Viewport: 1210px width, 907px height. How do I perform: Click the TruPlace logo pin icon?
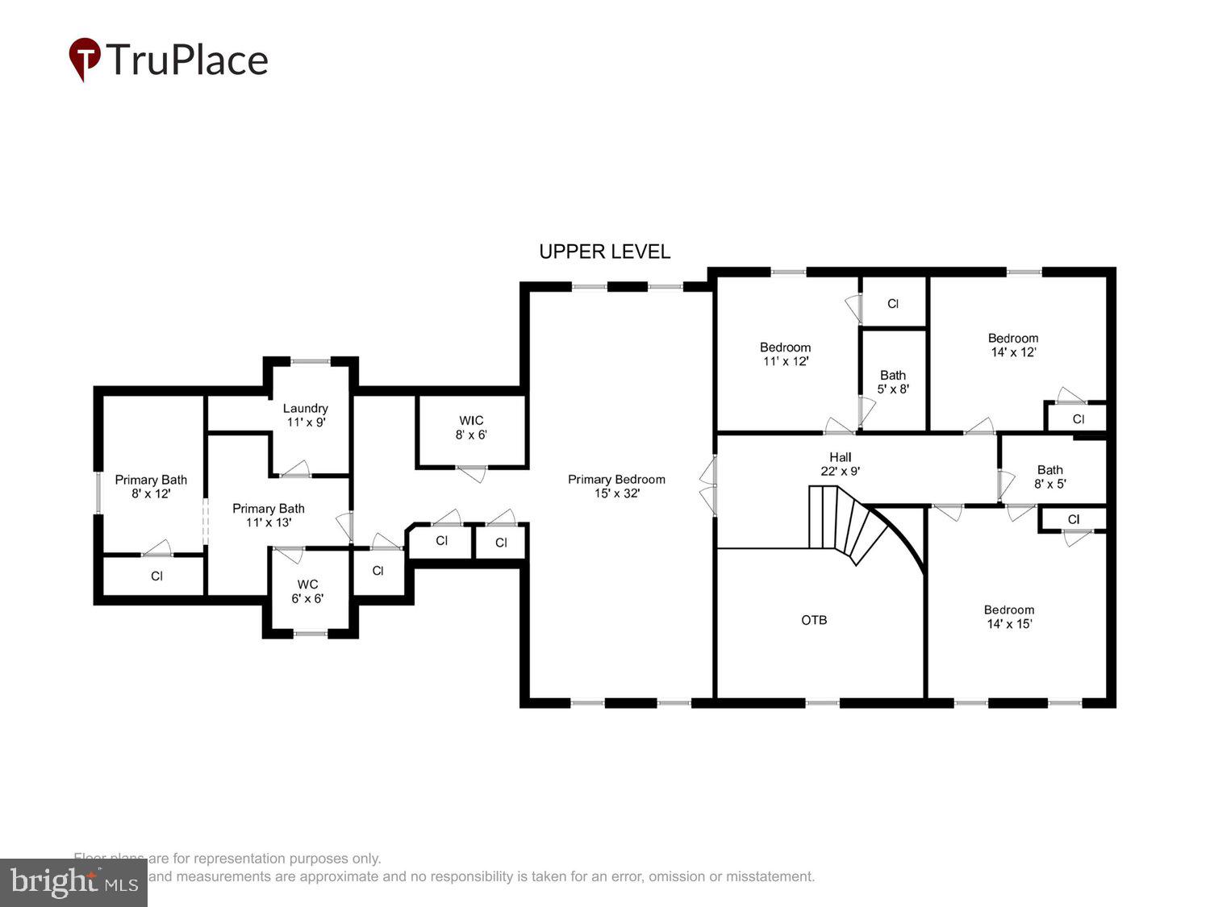pyautogui.click(x=85, y=59)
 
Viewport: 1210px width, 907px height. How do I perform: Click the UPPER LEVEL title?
pyautogui.click(x=604, y=252)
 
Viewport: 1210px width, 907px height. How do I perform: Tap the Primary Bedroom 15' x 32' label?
pyautogui.click(x=616, y=486)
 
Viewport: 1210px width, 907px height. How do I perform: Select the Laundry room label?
pyautogui.click(x=306, y=414)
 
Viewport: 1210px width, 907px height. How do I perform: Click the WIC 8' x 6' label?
pyautogui.click(x=471, y=427)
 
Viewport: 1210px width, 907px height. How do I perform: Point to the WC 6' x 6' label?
pyautogui.click(x=307, y=591)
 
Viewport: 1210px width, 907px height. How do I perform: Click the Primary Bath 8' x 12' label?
pyautogui.click(x=151, y=486)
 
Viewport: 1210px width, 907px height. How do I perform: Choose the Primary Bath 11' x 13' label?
pyautogui.click(x=269, y=515)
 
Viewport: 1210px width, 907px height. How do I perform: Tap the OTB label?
pyautogui.click(x=814, y=620)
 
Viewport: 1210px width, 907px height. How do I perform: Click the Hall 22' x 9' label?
pyautogui.click(x=840, y=464)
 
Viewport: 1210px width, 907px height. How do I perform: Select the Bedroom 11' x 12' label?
pyautogui.click(x=785, y=354)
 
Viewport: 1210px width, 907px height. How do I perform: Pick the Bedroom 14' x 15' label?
pyautogui.click(x=1008, y=617)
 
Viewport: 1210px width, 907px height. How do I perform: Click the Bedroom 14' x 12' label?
pyautogui.click(x=1013, y=345)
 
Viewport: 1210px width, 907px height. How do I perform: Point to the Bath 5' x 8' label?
pyautogui.click(x=893, y=381)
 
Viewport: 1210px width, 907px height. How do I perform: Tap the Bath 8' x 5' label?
pyautogui.click(x=1049, y=476)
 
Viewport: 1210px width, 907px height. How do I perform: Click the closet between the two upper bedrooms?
pyautogui.click(x=893, y=304)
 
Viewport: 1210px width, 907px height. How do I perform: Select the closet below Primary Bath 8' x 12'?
pyautogui.click(x=156, y=576)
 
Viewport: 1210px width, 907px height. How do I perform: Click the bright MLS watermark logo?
pyautogui.click(x=73, y=883)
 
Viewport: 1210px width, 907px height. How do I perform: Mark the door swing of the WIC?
pyautogui.click(x=472, y=474)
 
